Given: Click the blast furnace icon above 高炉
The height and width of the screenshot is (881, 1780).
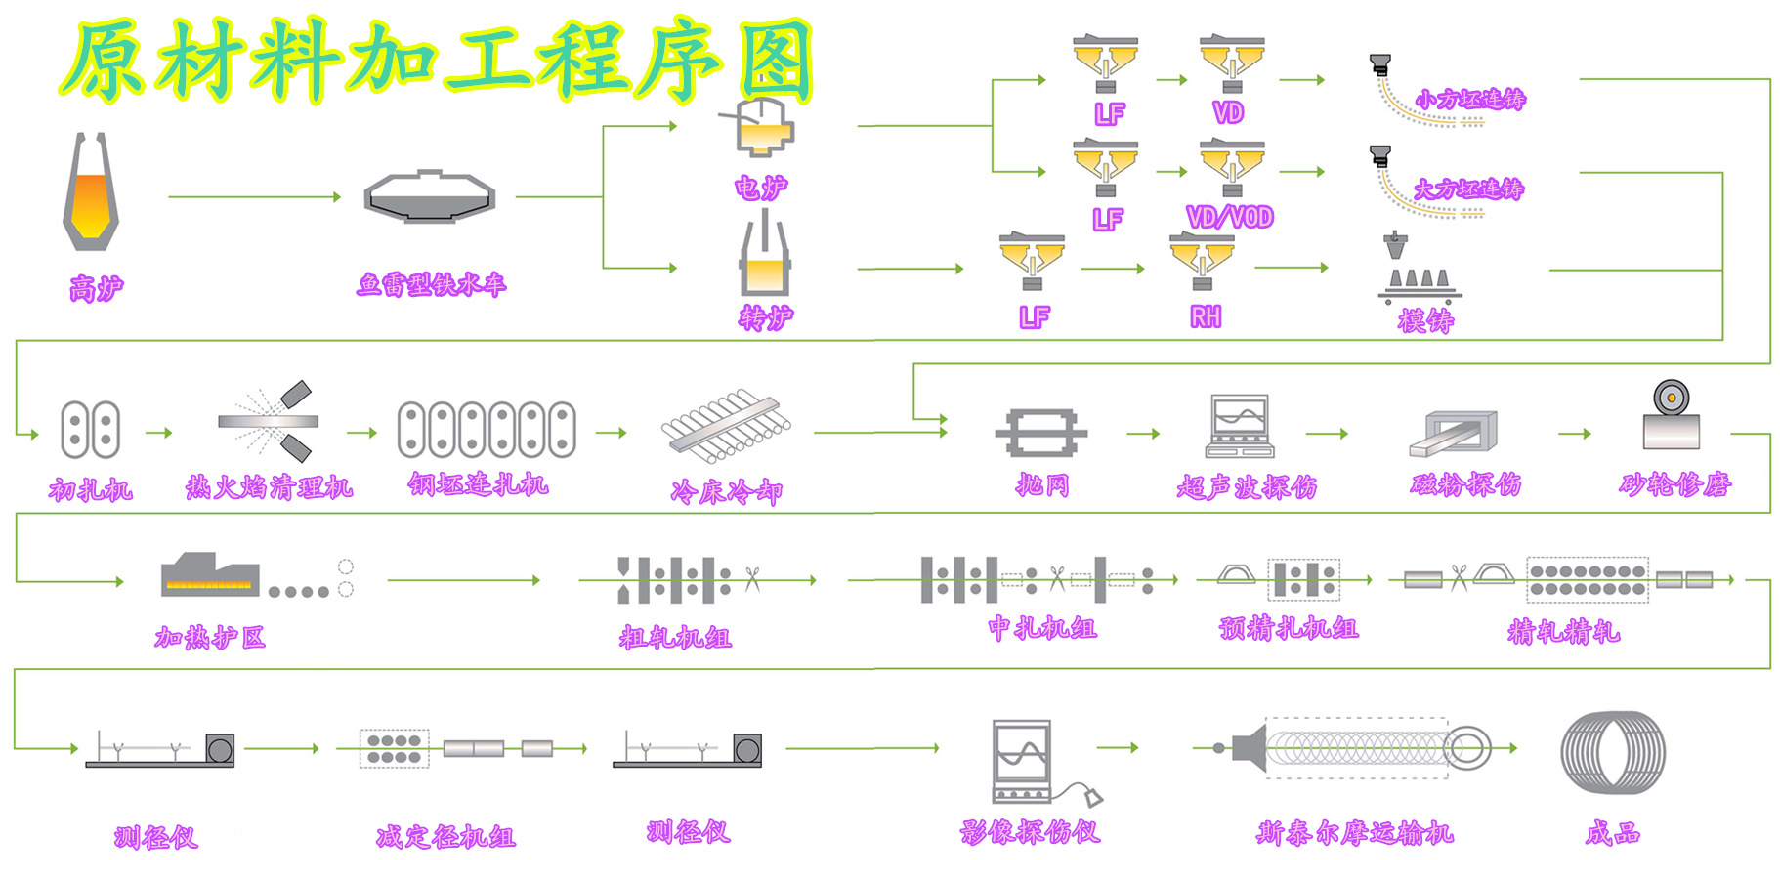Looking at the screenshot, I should (x=91, y=191).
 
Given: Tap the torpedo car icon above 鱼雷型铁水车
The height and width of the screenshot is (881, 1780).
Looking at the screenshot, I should (x=430, y=196).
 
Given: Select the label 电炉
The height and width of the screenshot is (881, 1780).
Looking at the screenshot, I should (x=761, y=187).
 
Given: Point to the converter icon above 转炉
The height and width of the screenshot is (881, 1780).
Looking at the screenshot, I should (x=764, y=257).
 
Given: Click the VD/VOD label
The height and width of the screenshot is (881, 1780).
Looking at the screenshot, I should (x=1230, y=217).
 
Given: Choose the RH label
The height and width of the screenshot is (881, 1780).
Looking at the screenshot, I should (x=1206, y=316).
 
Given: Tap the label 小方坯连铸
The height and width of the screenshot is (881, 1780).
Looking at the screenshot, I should (x=1470, y=99).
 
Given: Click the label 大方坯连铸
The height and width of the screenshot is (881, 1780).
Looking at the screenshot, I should (x=1468, y=189).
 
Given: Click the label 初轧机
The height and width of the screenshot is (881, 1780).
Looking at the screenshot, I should (x=91, y=489).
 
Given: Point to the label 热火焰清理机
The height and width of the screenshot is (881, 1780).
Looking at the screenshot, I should (x=270, y=486).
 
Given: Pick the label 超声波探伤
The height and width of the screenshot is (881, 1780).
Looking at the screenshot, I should (x=1247, y=486).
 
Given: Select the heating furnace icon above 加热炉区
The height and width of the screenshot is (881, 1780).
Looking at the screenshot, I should (x=211, y=575).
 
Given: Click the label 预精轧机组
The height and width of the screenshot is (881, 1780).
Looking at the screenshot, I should (x=1289, y=628).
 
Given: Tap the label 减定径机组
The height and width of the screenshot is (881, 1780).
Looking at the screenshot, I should (x=445, y=836).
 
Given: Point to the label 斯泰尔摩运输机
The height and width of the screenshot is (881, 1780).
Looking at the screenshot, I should (x=1355, y=833).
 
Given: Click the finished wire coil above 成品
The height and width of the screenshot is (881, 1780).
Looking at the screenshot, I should (x=1613, y=752).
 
